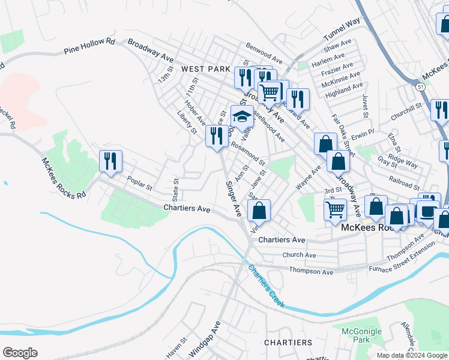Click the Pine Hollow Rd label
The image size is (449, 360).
[x=89, y=47]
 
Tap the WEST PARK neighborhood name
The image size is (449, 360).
[x=206, y=70]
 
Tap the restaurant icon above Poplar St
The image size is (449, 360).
[x=110, y=161]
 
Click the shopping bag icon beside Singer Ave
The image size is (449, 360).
[x=259, y=211]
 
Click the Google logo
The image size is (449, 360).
[x=19, y=353]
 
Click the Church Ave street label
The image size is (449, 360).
[x=299, y=255]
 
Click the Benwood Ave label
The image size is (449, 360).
[x=264, y=53]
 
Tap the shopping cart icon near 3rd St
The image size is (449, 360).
[x=335, y=210]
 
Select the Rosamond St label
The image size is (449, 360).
[x=248, y=153]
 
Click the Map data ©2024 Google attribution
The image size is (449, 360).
[x=412, y=355]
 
